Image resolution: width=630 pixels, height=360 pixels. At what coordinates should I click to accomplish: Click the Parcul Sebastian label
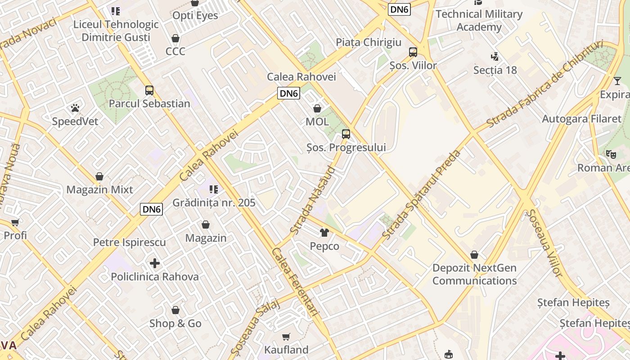[149, 103]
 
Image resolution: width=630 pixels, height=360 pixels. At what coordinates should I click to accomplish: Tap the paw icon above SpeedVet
[75, 108]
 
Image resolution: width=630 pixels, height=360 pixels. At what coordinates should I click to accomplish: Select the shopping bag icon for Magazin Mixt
[99, 176]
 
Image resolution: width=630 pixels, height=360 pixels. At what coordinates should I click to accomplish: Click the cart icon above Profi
[15, 222]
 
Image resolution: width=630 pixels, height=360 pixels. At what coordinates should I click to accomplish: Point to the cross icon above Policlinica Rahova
[155, 263]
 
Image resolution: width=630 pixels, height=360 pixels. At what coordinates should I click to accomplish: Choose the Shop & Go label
[175, 324]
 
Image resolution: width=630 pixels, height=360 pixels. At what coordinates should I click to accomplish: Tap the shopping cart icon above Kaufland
[286, 337]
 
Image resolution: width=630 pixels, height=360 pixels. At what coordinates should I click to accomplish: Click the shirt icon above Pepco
[324, 233]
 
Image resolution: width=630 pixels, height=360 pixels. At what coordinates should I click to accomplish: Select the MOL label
[317, 121]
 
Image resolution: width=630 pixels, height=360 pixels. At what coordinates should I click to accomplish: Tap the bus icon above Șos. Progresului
[346, 134]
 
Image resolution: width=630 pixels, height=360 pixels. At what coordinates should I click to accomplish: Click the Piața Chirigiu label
[369, 42]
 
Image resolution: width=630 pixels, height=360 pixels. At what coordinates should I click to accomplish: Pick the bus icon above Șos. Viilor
[413, 52]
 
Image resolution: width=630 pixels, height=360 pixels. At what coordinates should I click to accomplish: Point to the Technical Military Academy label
[479, 20]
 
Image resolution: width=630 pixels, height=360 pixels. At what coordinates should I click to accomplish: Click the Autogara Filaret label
[581, 119]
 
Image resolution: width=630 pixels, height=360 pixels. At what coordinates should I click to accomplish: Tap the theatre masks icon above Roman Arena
[611, 154]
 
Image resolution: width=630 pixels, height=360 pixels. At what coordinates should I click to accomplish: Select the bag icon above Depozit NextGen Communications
[474, 255]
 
